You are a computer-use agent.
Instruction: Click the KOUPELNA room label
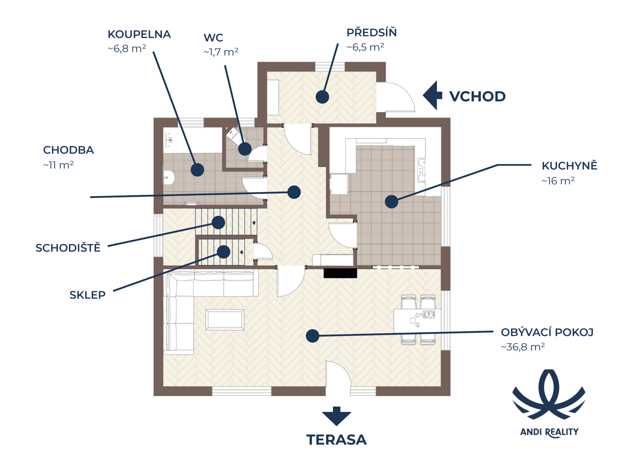[139, 34]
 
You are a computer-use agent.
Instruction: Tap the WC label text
[213, 38]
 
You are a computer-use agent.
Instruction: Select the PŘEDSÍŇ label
[371, 33]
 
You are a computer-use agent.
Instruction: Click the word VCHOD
[477, 97]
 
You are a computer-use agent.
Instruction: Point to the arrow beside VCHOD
[432, 95]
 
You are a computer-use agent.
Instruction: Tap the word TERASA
[336, 440]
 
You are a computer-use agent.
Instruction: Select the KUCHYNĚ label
[569, 166]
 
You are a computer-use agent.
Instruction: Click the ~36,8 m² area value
[523, 347]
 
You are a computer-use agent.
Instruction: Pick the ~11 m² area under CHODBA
[58, 165]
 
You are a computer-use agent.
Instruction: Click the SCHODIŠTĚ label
[68, 248]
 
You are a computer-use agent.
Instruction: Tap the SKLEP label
[88, 295]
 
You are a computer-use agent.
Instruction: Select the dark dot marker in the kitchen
[391, 201]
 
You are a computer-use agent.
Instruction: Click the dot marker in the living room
[312, 336]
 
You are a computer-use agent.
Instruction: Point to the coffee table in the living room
[225, 320]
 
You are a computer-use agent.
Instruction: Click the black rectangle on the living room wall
[340, 273]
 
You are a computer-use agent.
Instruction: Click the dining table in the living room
[417, 321]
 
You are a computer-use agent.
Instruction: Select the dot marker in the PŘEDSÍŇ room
[322, 97]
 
